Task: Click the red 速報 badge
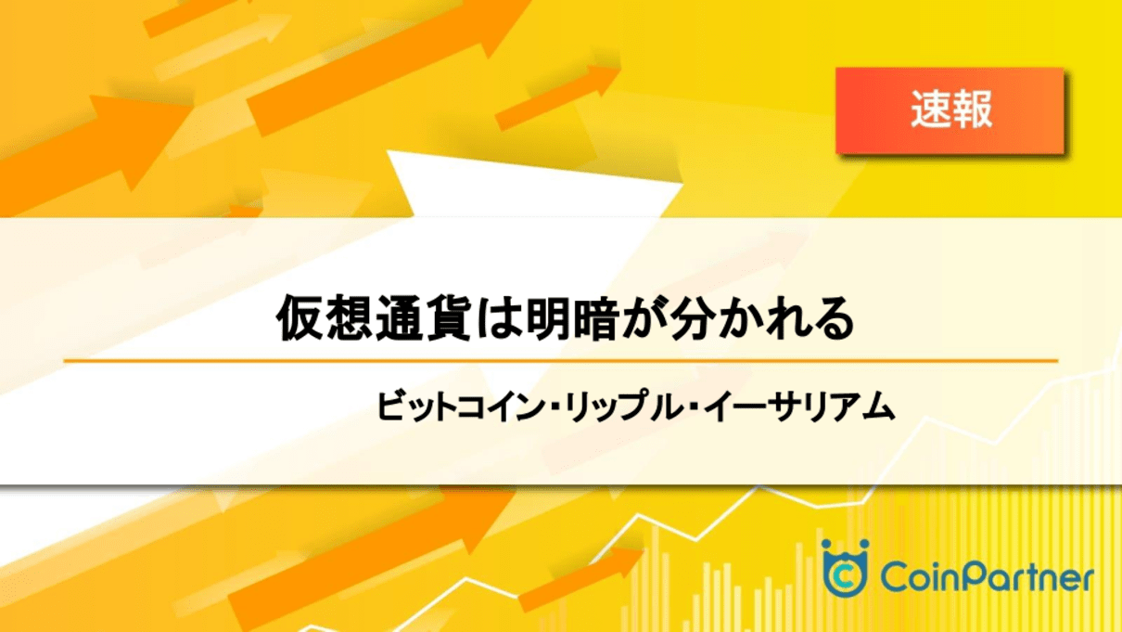pos(950,110)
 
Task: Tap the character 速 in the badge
pos(930,110)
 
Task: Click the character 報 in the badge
pos(973,110)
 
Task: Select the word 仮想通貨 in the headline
pos(374,318)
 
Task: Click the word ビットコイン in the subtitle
pos(460,406)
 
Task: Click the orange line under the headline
pos(561,360)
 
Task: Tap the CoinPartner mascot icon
pos(845,568)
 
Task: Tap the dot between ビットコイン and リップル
pos(554,406)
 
